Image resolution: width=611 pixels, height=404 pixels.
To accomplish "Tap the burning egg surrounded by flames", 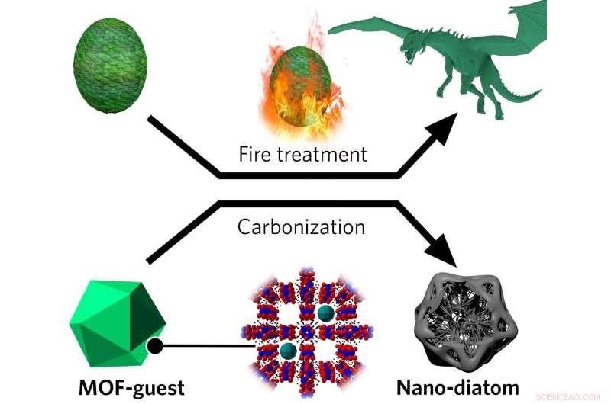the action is [x=299, y=85].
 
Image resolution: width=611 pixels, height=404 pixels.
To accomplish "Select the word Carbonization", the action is [x=301, y=227].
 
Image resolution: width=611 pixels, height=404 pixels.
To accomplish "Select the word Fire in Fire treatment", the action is [x=257, y=155].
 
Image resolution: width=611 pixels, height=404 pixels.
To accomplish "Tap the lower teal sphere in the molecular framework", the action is [x=288, y=351].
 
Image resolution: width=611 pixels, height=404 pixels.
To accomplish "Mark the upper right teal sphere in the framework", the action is [x=326, y=314].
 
